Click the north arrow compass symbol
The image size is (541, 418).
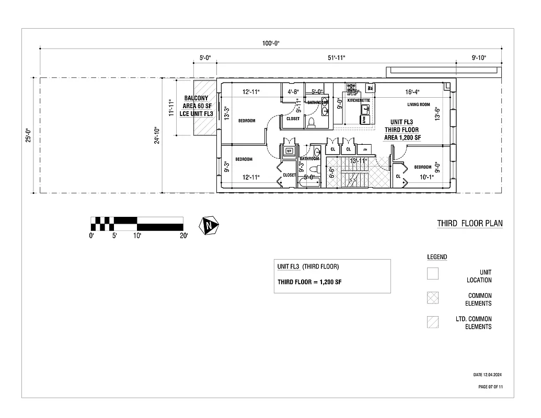(x=209, y=225)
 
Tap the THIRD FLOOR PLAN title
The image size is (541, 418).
(x=470, y=224)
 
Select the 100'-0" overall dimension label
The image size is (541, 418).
(x=271, y=43)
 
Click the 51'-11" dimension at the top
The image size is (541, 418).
(x=337, y=57)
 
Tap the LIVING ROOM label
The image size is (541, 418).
(x=419, y=104)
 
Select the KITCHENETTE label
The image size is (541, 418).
(x=359, y=100)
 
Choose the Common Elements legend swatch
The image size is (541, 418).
(x=433, y=297)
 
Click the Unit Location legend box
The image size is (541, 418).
(x=433, y=273)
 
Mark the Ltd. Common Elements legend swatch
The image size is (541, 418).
(x=433, y=321)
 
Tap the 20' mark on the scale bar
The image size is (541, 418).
(x=183, y=236)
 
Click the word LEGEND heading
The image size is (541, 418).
(x=437, y=257)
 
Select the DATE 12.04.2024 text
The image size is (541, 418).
(x=488, y=375)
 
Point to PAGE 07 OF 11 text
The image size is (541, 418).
(x=490, y=387)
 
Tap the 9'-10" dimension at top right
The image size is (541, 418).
(x=478, y=57)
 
